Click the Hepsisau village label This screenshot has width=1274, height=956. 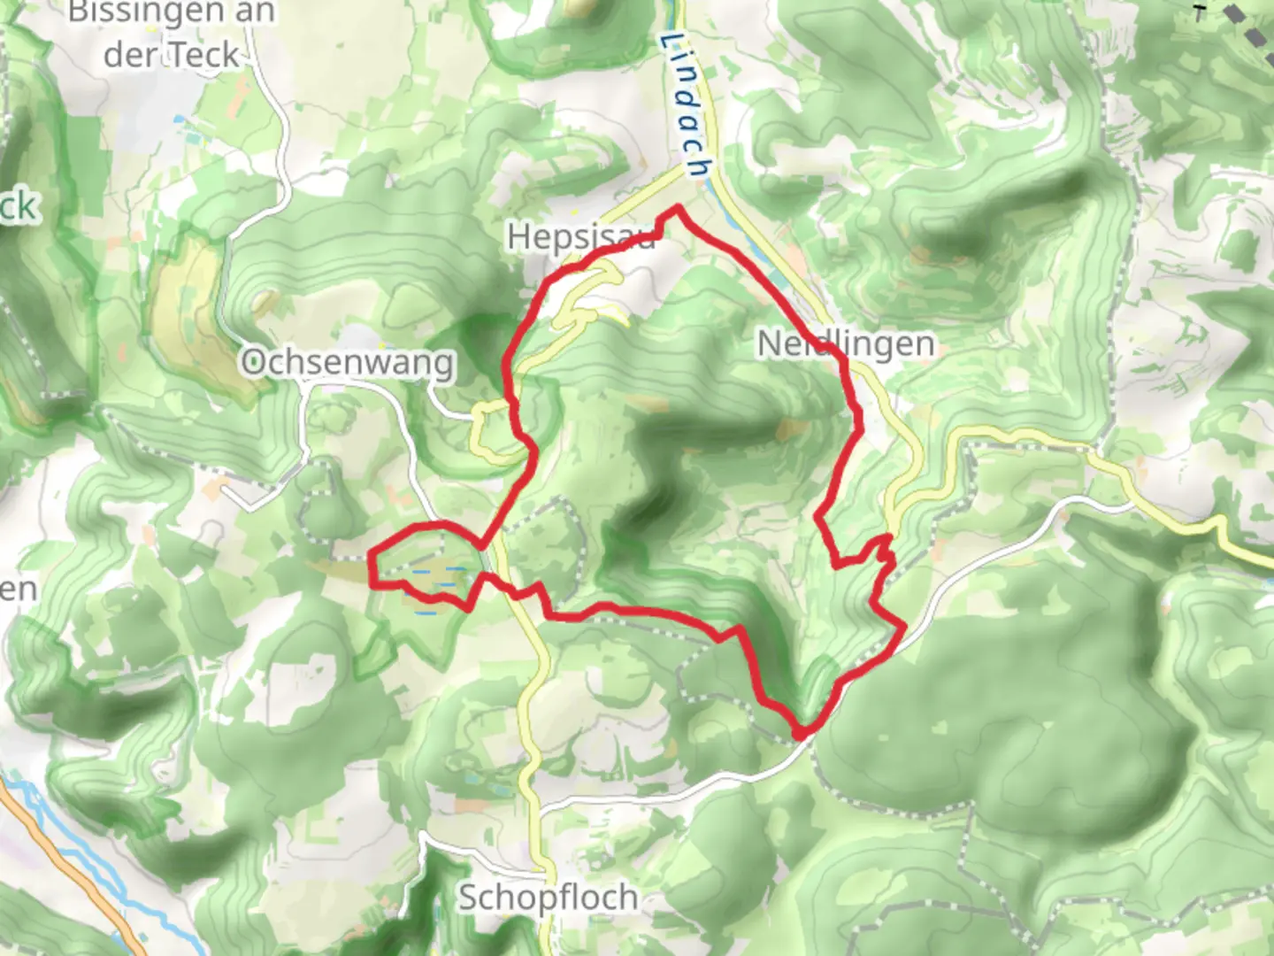pyautogui.click(x=580, y=237)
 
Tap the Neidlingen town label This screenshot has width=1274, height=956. pyautogui.click(x=845, y=343)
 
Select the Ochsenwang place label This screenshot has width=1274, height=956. pyautogui.click(x=348, y=362)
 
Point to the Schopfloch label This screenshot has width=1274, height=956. pyautogui.click(x=548, y=897)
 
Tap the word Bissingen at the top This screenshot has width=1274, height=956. pyautogui.click(x=147, y=12)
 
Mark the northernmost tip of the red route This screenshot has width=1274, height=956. pyautogui.click(x=678, y=208)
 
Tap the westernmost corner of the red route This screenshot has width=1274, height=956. pyautogui.click(x=370, y=558)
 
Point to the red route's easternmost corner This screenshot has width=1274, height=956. pyautogui.click(x=904, y=628)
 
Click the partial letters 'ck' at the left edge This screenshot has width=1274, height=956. pyautogui.click(x=18, y=207)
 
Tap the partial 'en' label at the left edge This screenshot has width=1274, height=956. pyautogui.click(x=18, y=589)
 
